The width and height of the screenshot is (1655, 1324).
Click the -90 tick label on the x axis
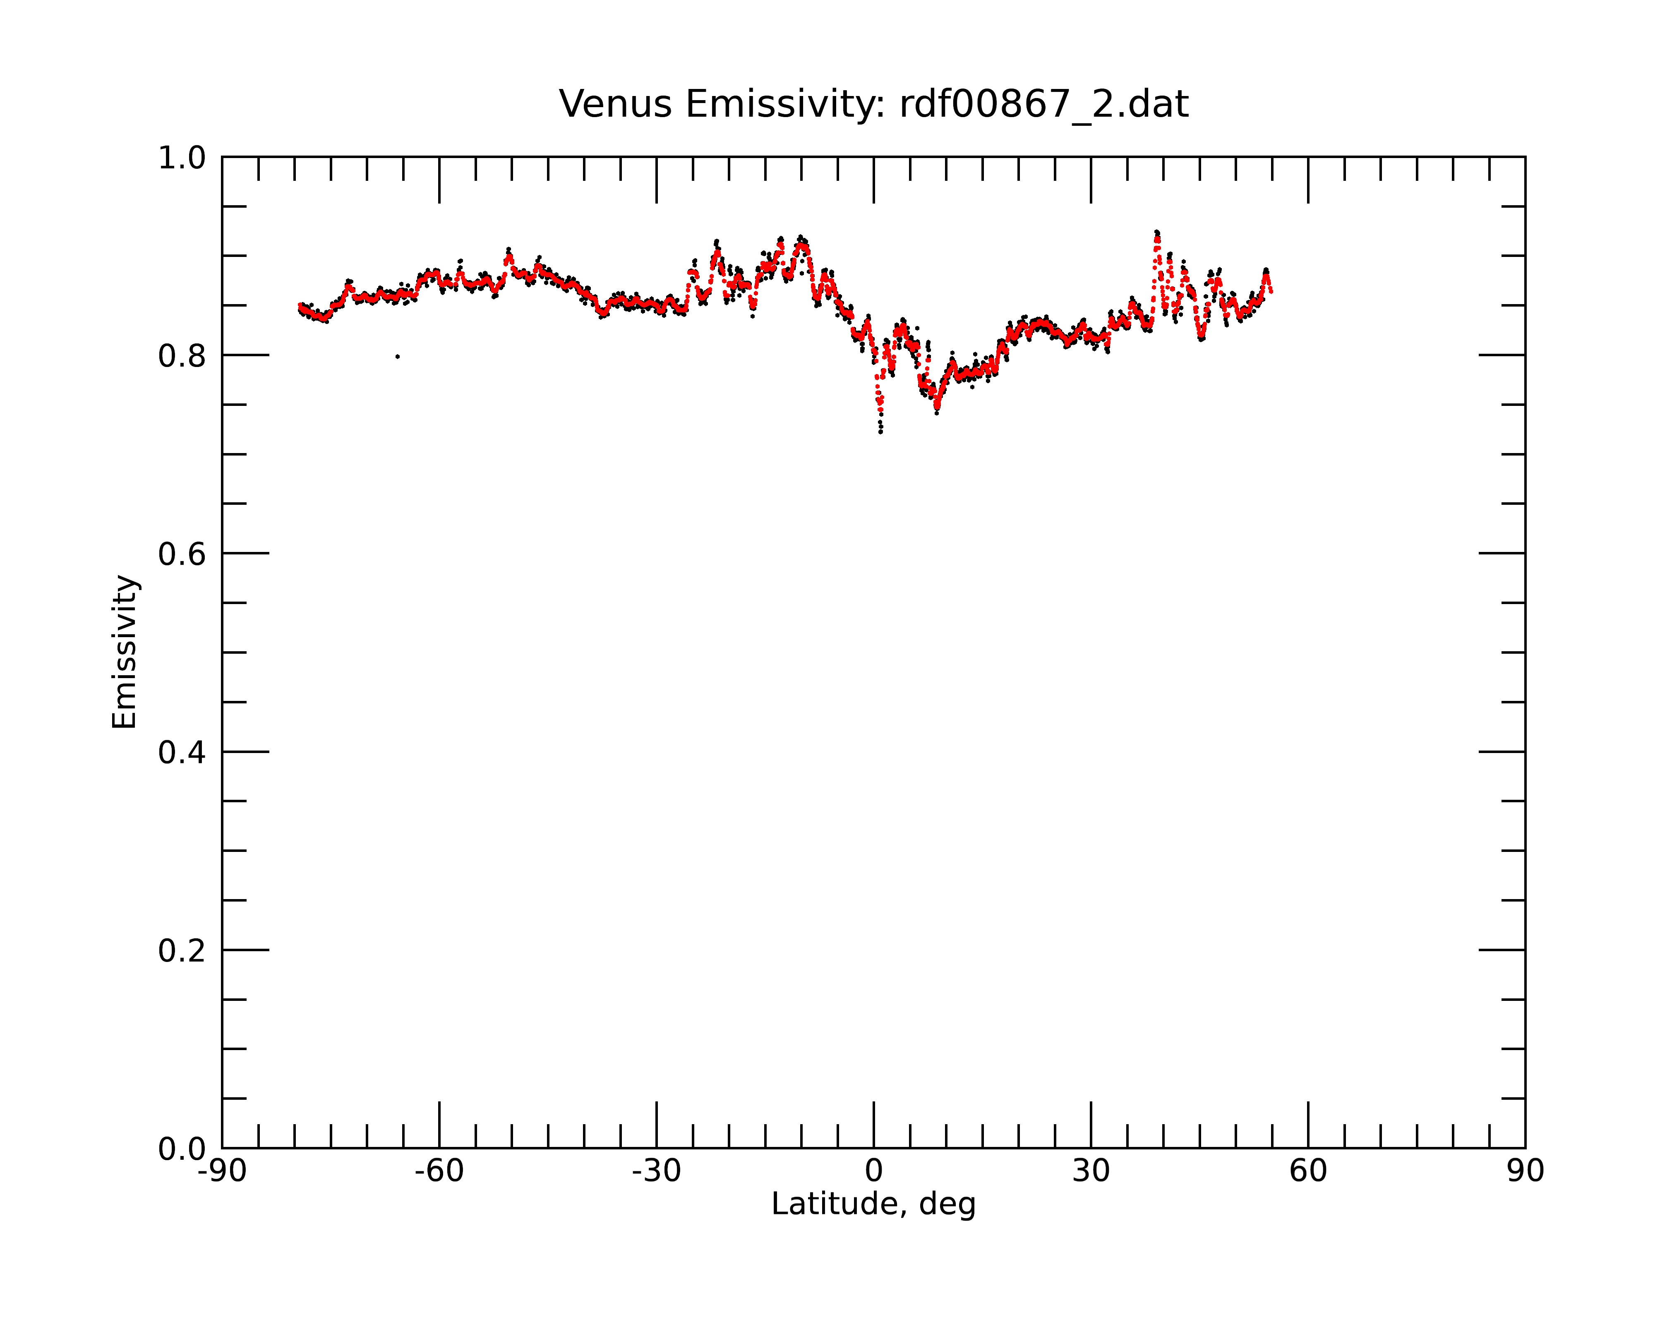[222, 1171]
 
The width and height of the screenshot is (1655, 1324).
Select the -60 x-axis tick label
[439, 1171]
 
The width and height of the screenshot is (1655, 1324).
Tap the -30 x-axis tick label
[656, 1171]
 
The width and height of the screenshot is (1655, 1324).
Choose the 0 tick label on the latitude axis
[873, 1171]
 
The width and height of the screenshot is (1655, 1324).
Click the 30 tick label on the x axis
[1091, 1171]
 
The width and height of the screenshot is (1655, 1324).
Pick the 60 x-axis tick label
[1308, 1171]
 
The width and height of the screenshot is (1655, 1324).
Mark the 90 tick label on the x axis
[1525, 1171]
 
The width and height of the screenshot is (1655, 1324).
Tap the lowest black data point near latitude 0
[880, 432]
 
